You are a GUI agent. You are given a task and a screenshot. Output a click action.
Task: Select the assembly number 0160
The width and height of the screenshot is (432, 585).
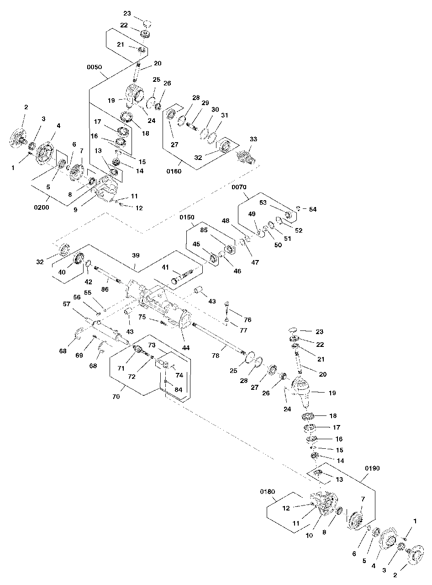174,172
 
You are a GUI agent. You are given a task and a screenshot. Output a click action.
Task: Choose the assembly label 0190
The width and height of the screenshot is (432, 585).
373,468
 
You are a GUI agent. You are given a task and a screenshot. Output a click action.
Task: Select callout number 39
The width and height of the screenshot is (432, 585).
136,255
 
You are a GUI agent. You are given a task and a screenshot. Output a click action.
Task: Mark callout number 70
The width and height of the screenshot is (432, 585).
116,397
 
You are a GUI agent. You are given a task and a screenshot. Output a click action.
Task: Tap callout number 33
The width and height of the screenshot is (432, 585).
253,138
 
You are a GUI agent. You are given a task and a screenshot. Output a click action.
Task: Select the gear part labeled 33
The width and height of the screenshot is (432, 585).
246,156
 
